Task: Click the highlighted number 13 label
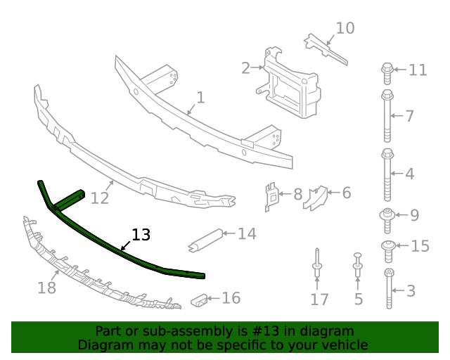(141, 235)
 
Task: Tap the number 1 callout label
(200, 97)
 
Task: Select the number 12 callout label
(100, 198)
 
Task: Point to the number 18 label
(46, 287)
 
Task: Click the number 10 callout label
(345, 28)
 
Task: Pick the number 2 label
(245, 68)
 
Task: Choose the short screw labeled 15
(387, 246)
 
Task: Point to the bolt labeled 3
(389, 288)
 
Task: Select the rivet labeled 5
(358, 266)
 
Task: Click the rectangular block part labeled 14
(206, 240)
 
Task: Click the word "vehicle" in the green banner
(340, 345)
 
